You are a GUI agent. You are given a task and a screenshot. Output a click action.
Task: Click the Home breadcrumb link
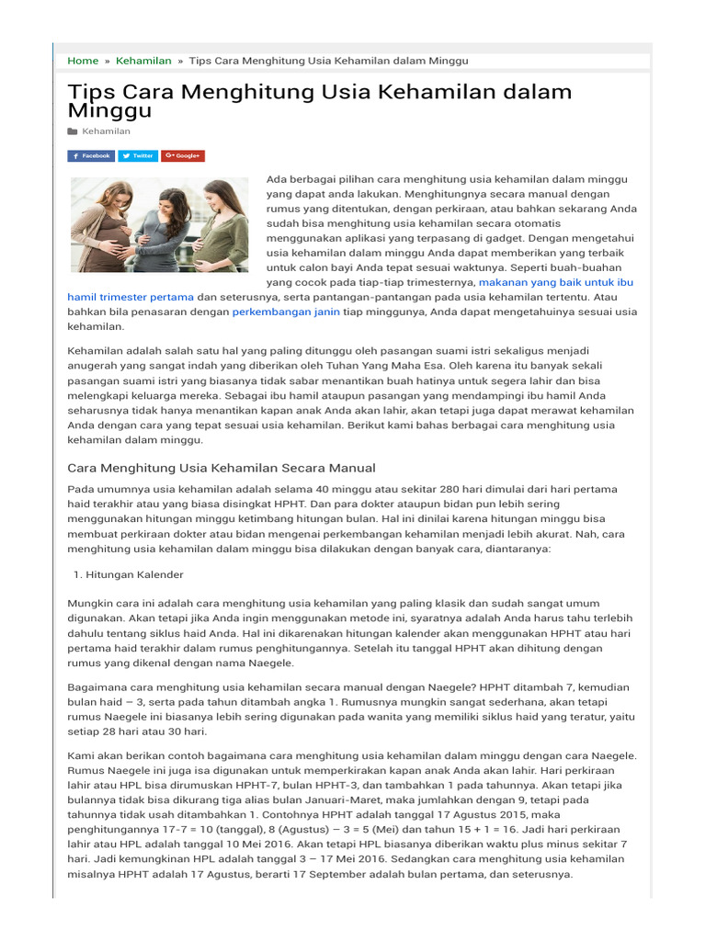point(83,61)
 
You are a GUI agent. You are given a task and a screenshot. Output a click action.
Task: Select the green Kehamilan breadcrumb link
point(143,61)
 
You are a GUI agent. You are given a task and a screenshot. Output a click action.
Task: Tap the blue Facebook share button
point(91,156)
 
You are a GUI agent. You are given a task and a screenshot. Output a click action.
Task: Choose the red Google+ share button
point(183,156)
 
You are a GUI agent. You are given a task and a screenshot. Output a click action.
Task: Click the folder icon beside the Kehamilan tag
point(73,132)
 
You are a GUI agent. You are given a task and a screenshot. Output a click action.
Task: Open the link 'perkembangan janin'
point(286,312)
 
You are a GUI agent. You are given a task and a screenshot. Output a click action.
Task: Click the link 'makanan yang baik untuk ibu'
point(556,282)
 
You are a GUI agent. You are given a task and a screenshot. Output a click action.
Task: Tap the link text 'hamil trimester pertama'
point(131,297)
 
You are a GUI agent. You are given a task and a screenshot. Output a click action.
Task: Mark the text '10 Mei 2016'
point(250,844)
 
